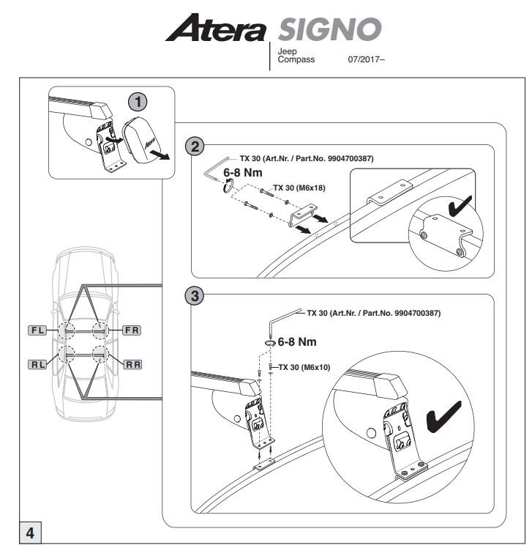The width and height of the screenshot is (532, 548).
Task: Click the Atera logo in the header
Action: click(x=216, y=30)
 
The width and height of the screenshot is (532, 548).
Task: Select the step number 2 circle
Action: click(x=195, y=147)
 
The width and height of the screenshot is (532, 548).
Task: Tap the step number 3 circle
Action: click(x=194, y=296)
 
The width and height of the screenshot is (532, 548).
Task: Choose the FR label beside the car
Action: click(x=132, y=330)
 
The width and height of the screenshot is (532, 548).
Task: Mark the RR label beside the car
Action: click(x=132, y=363)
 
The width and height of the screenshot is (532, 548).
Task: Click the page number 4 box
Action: click(x=30, y=533)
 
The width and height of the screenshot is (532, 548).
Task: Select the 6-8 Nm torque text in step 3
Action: click(x=297, y=341)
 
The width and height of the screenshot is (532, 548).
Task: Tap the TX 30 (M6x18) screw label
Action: click(x=299, y=188)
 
